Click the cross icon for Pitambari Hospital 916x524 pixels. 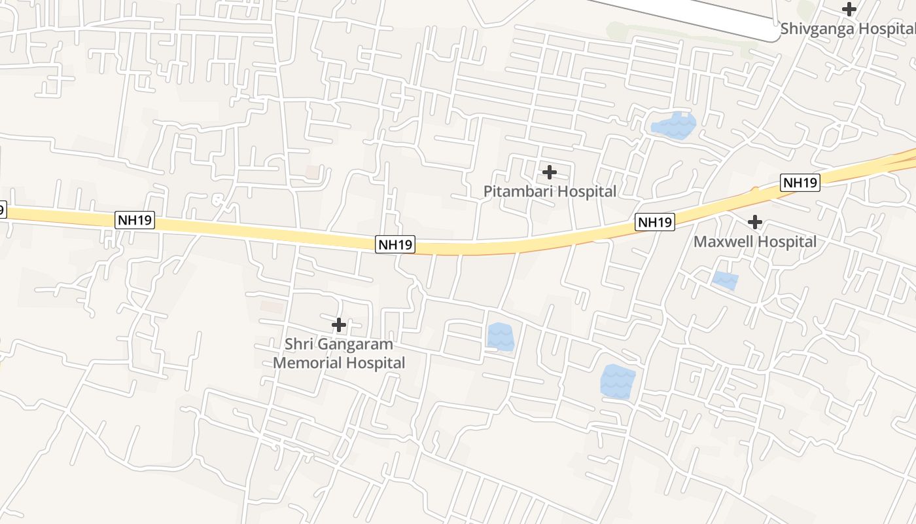click(x=550, y=172)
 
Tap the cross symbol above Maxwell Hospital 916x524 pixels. click(x=755, y=222)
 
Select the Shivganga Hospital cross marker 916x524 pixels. click(x=849, y=9)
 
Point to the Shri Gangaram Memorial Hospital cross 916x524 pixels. click(x=339, y=324)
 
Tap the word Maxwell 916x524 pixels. click(x=721, y=242)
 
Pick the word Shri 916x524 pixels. click(x=301, y=345)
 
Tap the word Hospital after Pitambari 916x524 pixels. click(x=583, y=191)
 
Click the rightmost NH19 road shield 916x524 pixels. click(x=800, y=183)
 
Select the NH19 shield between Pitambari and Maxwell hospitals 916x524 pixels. click(x=655, y=222)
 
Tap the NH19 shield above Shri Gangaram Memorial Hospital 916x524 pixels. click(x=396, y=244)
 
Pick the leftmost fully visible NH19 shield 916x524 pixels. click(x=135, y=220)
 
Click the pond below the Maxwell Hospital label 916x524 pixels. click(x=725, y=280)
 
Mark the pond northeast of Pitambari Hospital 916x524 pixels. click(x=674, y=125)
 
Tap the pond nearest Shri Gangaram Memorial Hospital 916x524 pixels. click(x=501, y=337)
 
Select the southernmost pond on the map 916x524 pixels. click(x=618, y=382)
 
